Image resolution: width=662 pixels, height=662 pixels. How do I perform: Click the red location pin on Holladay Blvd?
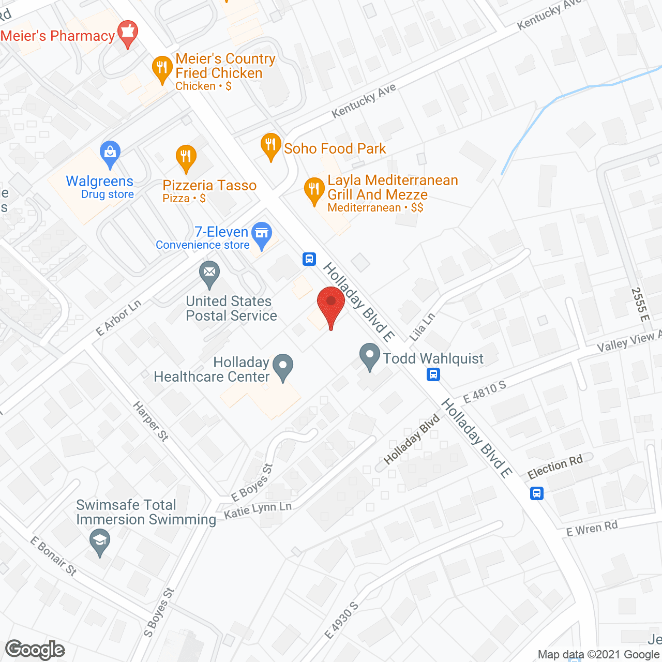tap(330, 305)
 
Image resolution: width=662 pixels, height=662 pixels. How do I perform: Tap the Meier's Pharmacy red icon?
tap(127, 33)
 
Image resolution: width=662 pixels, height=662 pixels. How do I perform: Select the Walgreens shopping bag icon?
tap(110, 154)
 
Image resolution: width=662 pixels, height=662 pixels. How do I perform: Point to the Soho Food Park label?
tap(335, 149)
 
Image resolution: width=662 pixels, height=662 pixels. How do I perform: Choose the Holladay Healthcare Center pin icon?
tap(283, 366)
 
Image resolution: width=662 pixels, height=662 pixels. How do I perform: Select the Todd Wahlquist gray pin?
tap(369, 356)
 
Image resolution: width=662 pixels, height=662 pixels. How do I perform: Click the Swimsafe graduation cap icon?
tap(100, 541)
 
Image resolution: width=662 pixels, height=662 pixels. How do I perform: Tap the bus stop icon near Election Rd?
tap(537, 493)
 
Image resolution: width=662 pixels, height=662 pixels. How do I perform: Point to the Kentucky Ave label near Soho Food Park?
tap(364, 100)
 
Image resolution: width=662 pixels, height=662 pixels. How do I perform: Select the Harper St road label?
tap(151, 421)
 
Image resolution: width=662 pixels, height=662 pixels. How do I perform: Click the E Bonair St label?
tap(53, 556)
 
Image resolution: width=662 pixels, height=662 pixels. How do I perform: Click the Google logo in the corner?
tap(35, 650)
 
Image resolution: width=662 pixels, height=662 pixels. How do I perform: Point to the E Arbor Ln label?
tap(118, 318)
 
